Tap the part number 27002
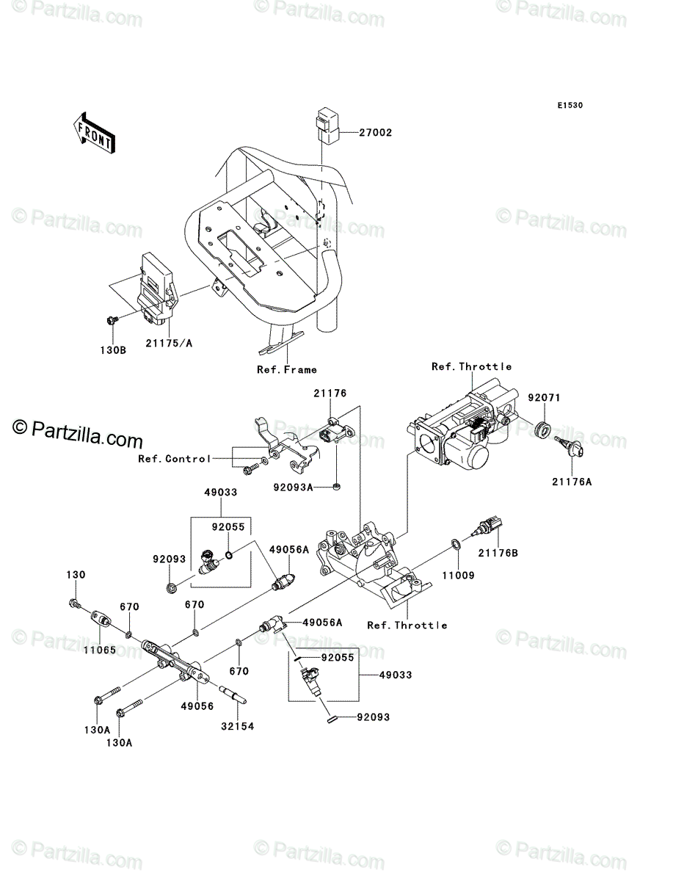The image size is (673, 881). (x=375, y=132)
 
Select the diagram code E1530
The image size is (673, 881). (x=570, y=105)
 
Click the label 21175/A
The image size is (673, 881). (x=169, y=343)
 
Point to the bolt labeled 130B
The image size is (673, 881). (x=112, y=320)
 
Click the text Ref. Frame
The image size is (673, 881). (x=286, y=370)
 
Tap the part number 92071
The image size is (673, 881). (x=544, y=397)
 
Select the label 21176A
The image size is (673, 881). (x=572, y=482)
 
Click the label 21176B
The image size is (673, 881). (x=498, y=553)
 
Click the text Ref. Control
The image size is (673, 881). (x=174, y=459)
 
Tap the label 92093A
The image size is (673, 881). (x=293, y=487)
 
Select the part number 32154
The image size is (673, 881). (x=238, y=726)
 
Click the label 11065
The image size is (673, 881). (x=100, y=650)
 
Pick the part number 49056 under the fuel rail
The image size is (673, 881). (x=197, y=706)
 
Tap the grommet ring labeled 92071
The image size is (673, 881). (x=543, y=430)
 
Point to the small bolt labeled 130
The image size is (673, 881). (x=75, y=603)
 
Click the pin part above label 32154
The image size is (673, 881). (x=233, y=695)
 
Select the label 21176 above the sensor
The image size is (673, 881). (x=330, y=394)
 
